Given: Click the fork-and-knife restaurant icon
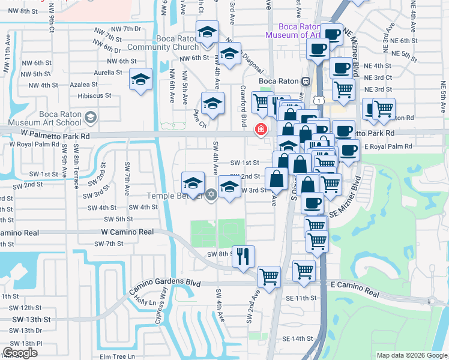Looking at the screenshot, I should [243, 256].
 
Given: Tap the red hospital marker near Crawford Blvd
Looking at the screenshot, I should [261, 128].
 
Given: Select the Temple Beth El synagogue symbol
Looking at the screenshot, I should [211, 194].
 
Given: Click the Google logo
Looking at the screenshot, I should [20, 353].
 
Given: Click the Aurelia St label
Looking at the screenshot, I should [91, 72].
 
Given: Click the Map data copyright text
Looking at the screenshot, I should [412, 355].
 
